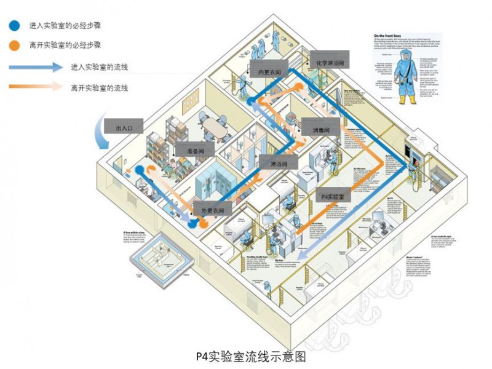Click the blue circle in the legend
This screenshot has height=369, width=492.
click(13, 26)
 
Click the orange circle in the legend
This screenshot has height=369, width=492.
click(13, 46)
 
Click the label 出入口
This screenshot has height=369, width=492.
click(128, 128)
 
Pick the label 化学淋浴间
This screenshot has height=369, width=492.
click(329, 62)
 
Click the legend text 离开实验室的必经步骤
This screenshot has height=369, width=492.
click(65, 46)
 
